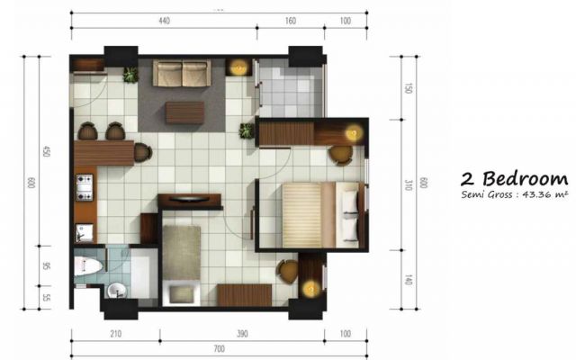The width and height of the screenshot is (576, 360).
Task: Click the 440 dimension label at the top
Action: [164, 21]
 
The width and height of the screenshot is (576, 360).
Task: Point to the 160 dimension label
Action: [290, 21]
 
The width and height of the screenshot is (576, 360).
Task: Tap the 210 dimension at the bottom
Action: [116, 334]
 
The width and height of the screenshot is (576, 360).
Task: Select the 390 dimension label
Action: [242, 334]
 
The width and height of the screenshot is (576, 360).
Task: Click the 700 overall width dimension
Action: [219, 348]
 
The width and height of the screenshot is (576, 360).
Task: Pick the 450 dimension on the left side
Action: [46, 151]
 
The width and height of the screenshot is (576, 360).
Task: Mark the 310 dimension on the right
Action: [408, 184]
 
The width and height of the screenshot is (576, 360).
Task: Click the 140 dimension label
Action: [408, 280]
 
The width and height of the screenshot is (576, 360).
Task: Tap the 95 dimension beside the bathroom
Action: [46, 265]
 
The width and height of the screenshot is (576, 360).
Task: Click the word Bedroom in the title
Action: [526, 179]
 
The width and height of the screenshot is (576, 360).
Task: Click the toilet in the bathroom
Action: [88, 266]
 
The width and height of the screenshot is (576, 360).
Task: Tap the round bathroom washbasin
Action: [117, 291]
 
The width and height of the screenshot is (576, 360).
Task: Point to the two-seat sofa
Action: [182, 74]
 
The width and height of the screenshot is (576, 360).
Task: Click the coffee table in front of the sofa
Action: [184, 112]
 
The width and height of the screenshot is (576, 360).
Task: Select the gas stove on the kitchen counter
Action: [85, 188]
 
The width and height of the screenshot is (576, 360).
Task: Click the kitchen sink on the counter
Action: [85, 233]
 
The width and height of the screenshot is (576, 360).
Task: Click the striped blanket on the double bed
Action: [301, 215]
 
